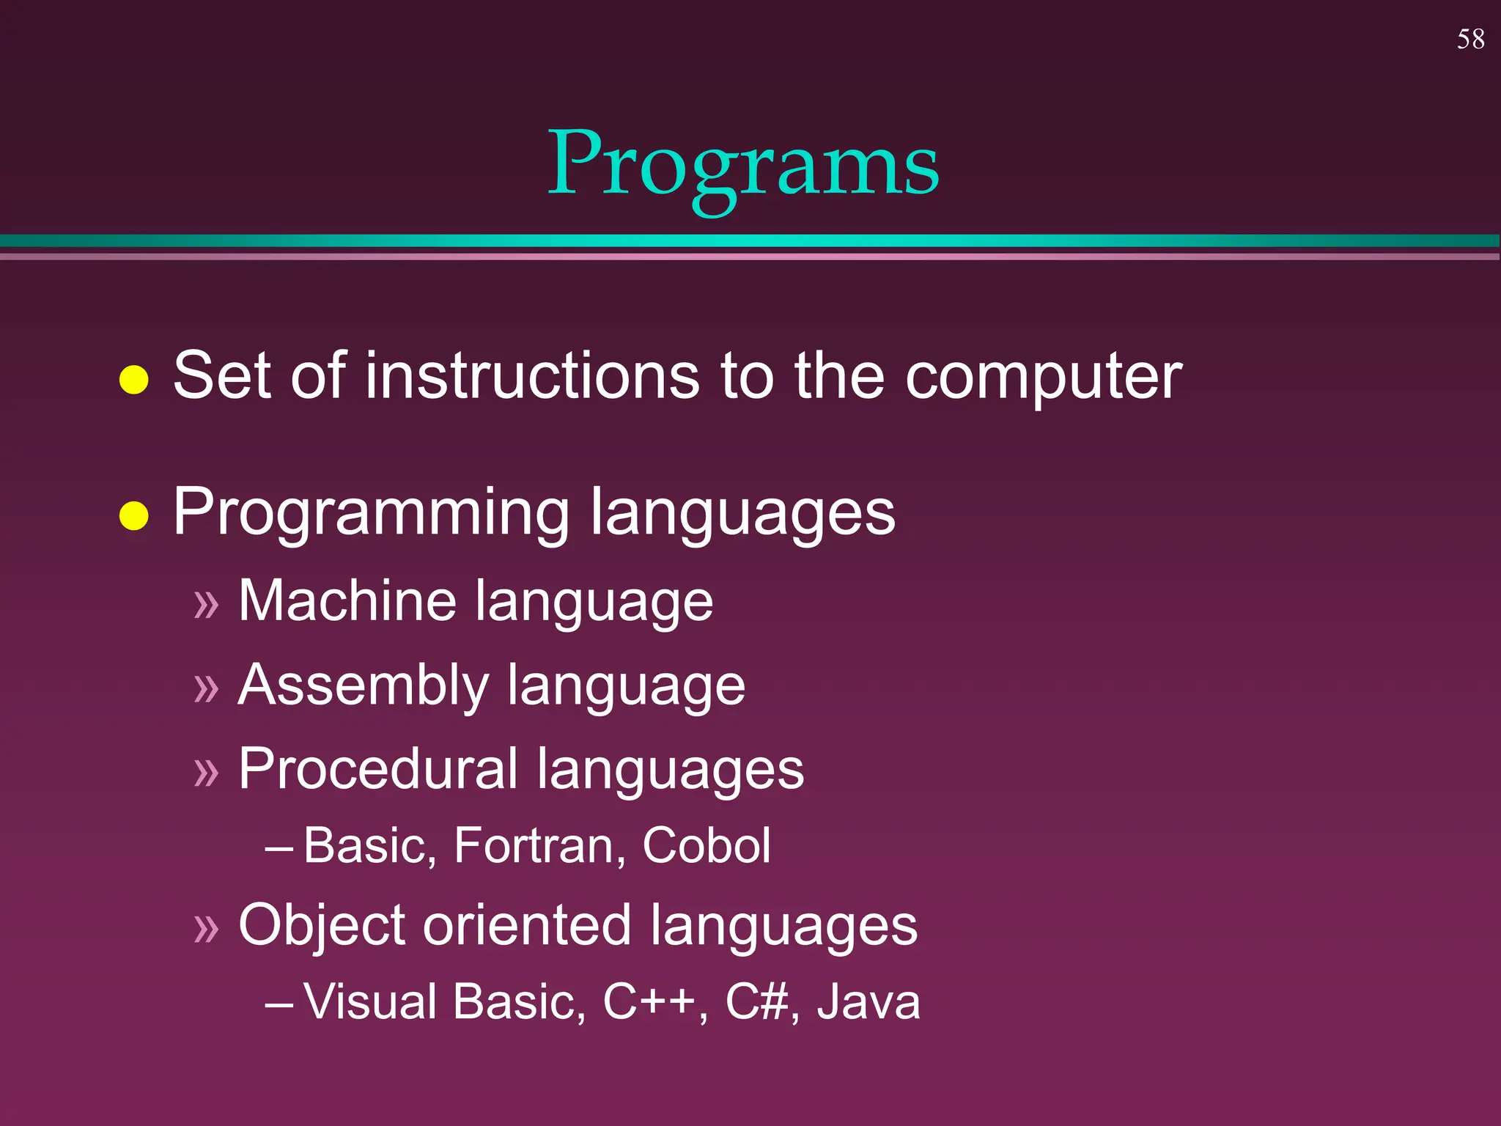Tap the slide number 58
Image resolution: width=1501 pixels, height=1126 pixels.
click(x=1470, y=40)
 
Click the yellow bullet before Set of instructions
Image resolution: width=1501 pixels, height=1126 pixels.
click(x=134, y=380)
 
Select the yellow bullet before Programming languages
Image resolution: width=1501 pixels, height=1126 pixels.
click(x=134, y=515)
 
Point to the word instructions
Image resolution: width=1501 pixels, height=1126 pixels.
click(x=532, y=375)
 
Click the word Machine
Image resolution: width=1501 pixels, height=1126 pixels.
click(x=347, y=600)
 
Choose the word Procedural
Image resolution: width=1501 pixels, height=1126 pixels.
click(x=378, y=769)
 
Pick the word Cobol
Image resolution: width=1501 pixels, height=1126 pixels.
click(x=706, y=846)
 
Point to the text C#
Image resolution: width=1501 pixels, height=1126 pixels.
click(x=757, y=1001)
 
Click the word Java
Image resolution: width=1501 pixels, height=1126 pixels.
click(x=868, y=1001)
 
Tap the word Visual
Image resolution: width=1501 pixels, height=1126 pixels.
click(x=370, y=1001)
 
